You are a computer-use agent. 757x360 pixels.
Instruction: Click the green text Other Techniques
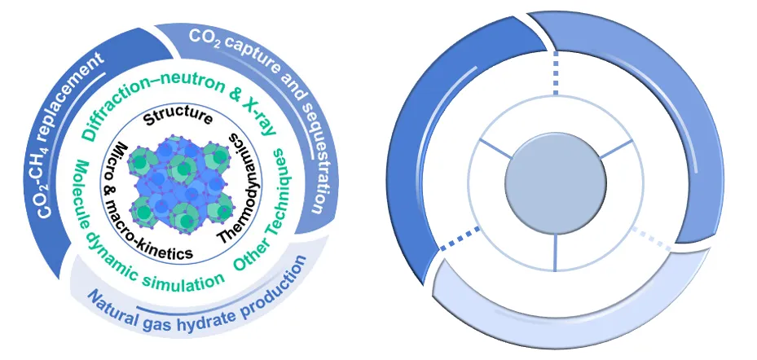(273, 220)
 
